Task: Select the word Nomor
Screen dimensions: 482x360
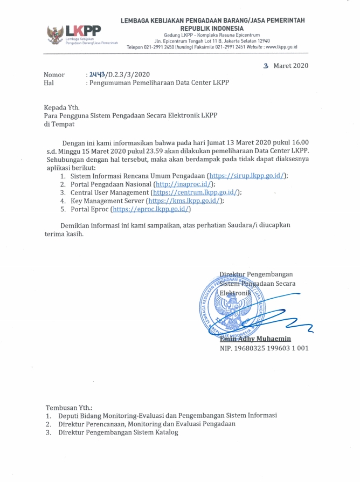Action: click(x=54, y=75)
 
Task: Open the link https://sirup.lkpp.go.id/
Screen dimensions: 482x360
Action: click(x=247, y=176)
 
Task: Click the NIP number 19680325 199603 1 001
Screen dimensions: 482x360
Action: click(x=264, y=348)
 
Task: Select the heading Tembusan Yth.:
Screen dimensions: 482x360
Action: click(x=69, y=407)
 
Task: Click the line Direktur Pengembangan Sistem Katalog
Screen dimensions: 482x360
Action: click(x=119, y=432)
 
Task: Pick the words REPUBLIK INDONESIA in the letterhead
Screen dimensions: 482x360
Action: click(x=212, y=28)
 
